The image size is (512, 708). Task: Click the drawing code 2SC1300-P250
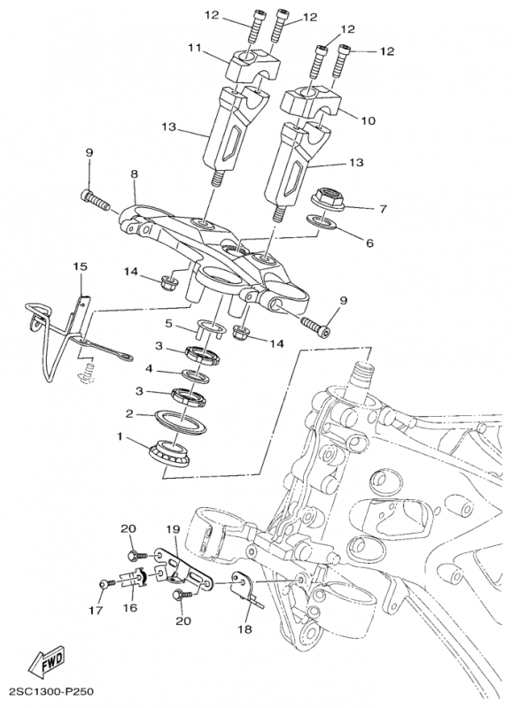tap(48, 691)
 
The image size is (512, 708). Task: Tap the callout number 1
tap(120, 436)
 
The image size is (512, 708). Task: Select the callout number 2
tap(129, 413)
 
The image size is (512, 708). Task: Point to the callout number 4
tap(149, 369)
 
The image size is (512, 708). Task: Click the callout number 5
tap(169, 324)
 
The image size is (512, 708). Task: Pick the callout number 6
tap(369, 243)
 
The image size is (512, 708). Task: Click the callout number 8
tap(134, 173)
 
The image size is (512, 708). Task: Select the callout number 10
tap(368, 120)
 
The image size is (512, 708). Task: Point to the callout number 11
tap(194, 47)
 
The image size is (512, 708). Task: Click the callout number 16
tap(129, 608)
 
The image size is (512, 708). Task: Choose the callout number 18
tap(245, 629)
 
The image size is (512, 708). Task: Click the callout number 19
tap(173, 528)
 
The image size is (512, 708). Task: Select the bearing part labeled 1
tap(170, 452)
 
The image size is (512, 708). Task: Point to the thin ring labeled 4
tap(196, 376)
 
